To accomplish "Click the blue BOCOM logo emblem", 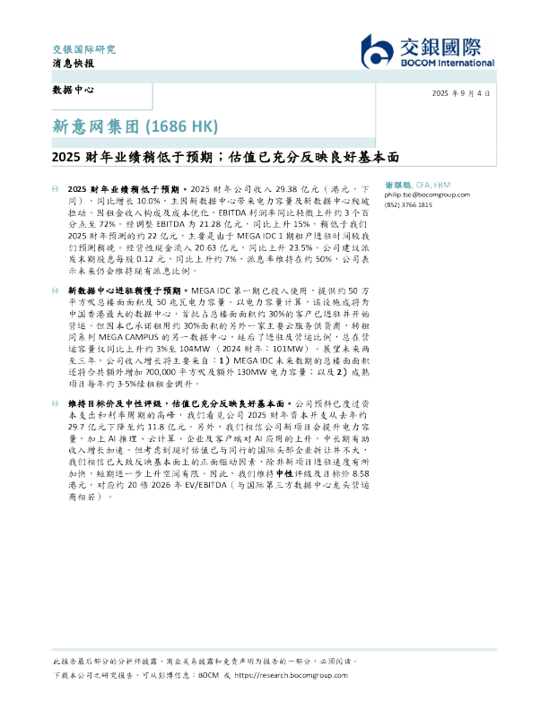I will click(376, 52).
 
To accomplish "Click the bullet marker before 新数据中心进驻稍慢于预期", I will click(57, 292).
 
